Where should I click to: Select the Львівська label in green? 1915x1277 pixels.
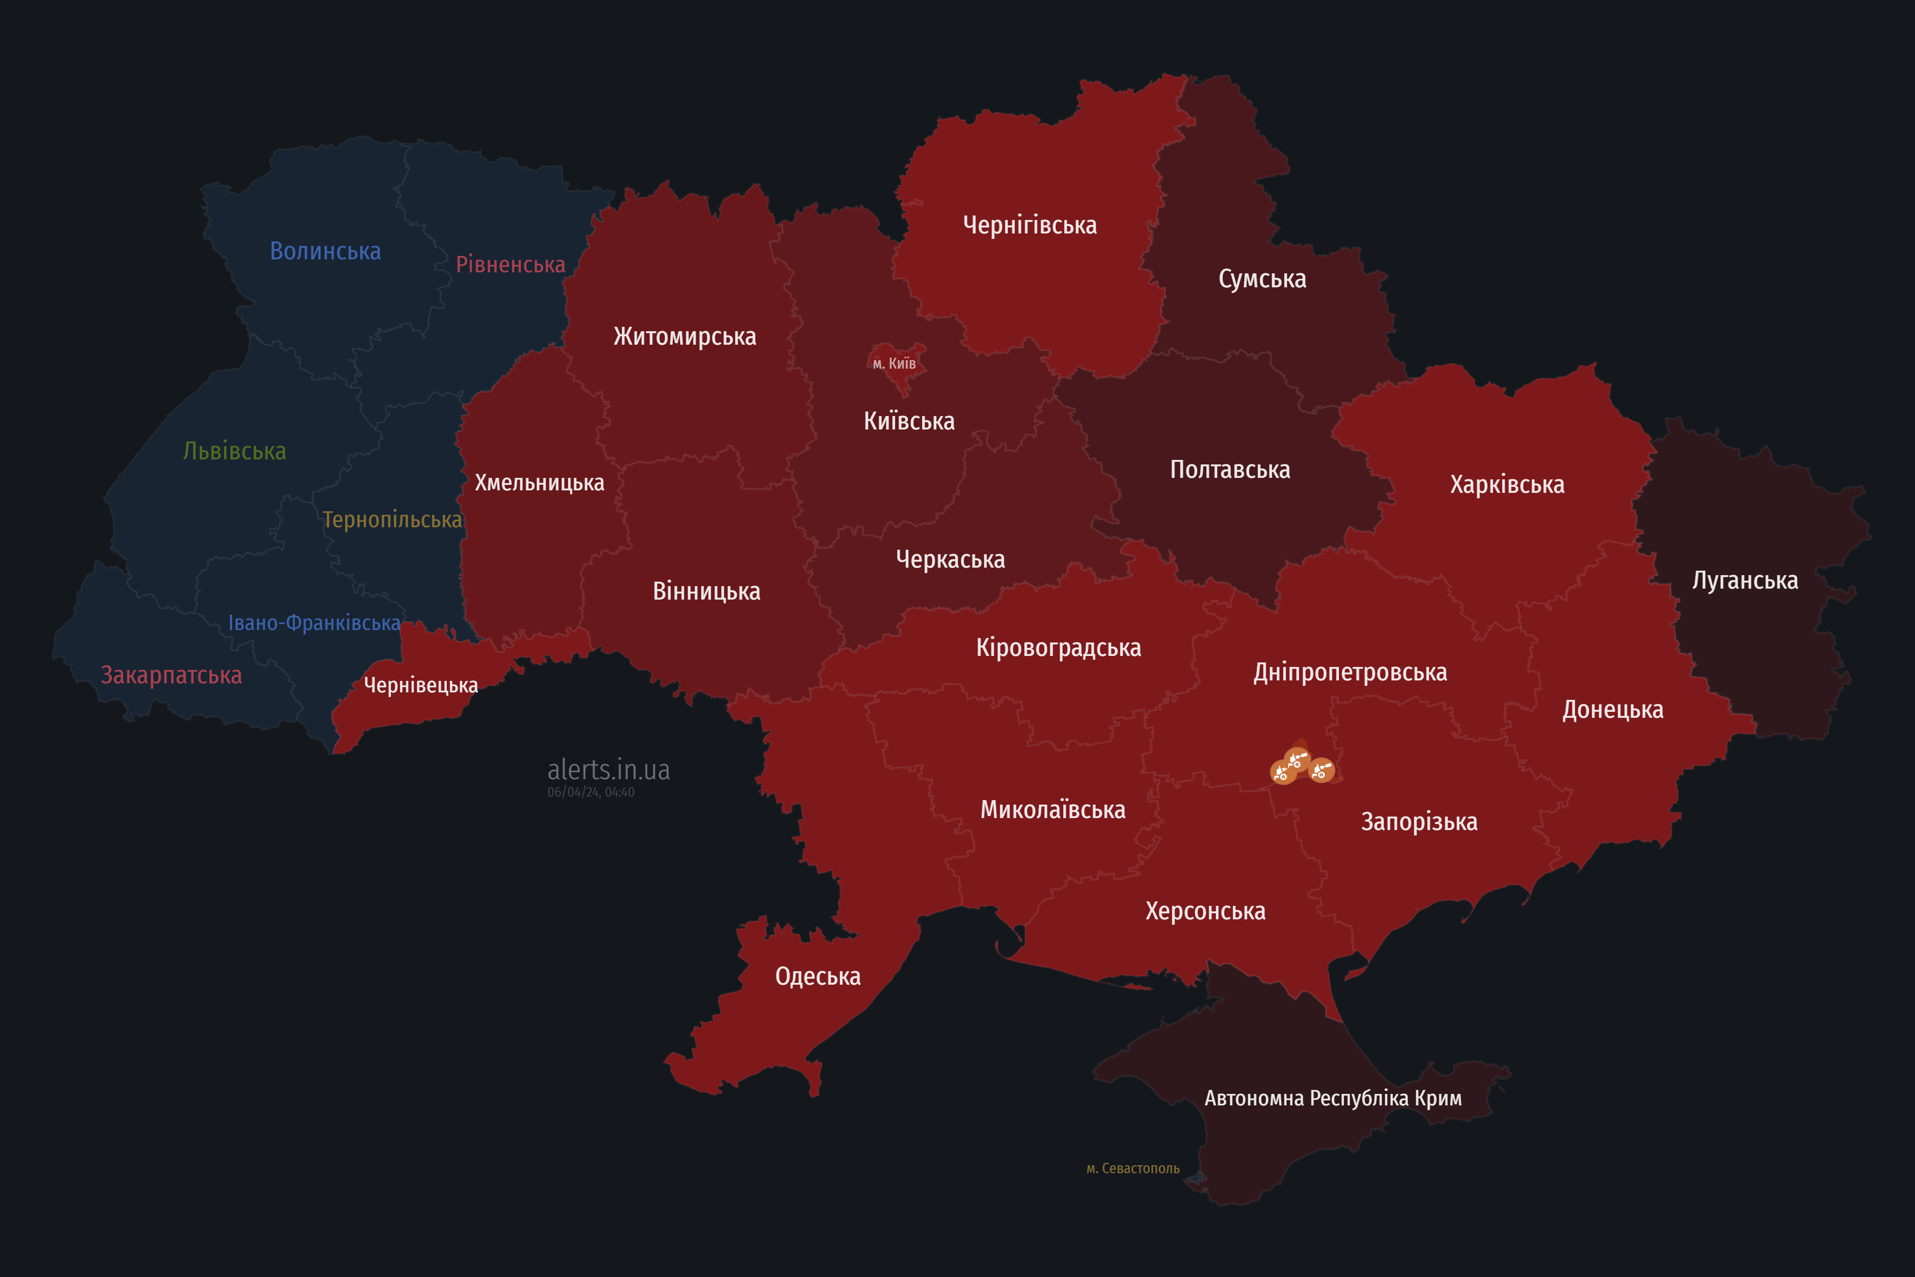234,451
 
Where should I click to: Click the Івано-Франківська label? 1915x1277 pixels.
314,623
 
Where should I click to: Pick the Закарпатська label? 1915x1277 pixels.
171,675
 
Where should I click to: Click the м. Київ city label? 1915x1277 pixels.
894,363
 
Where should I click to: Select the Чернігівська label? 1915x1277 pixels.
1029,225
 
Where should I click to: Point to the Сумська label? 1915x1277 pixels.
1262,278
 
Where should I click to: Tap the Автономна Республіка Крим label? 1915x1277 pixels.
1333,1098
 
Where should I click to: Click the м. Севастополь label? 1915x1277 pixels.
1133,1169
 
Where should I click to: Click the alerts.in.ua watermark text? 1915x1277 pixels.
608,770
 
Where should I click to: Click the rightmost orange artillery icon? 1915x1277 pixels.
1322,770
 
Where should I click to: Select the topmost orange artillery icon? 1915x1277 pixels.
1297,759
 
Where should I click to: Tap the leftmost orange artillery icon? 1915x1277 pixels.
1282,772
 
